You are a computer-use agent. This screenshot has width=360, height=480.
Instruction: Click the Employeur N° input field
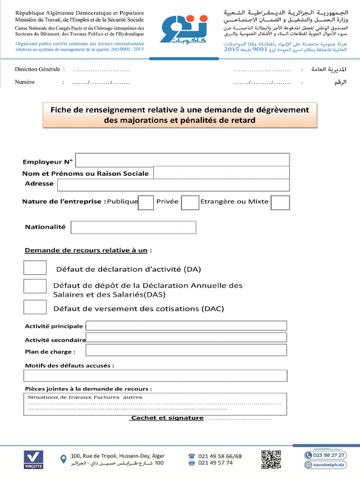[x=182, y=160]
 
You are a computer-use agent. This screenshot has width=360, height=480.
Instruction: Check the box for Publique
[x=146, y=202]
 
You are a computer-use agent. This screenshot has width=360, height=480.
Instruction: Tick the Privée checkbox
[x=190, y=202]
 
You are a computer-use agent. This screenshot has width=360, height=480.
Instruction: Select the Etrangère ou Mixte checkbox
[x=280, y=202]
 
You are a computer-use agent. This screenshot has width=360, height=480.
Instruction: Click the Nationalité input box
[x=133, y=227]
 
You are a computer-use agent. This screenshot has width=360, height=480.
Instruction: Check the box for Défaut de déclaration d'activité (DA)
[x=35, y=268]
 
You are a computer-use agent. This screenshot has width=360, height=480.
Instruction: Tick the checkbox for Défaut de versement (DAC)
[x=35, y=307]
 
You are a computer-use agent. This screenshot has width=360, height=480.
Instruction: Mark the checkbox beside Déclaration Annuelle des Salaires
[x=35, y=286]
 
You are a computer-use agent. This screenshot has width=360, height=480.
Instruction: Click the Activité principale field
[x=186, y=326]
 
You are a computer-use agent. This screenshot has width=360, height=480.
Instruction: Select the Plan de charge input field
[x=186, y=350]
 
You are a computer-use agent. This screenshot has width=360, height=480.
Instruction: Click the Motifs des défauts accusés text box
[x=155, y=375]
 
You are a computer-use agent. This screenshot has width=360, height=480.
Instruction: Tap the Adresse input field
[x=173, y=185]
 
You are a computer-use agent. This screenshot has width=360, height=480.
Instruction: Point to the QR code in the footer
[x=271, y=459]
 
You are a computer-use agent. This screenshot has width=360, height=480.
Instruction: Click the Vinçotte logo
[x=33, y=460]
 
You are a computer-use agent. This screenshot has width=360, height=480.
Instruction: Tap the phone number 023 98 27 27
[x=329, y=455]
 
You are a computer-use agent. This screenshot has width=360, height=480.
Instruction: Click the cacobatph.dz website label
[x=329, y=465]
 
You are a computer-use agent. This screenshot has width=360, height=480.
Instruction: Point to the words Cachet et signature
[x=167, y=418]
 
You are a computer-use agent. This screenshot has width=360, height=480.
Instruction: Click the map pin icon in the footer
[x=64, y=459]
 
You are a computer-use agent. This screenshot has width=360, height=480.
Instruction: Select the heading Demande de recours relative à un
[x=86, y=250]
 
